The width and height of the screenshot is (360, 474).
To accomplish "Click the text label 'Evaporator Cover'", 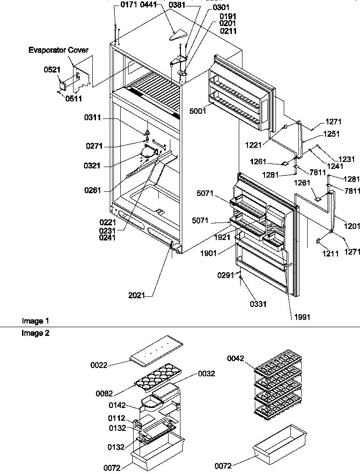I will pyautogui.click(x=58, y=50).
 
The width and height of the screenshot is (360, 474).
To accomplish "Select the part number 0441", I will pyautogui.click(x=149, y=5).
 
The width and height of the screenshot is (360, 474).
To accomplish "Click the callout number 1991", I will pyautogui.click(x=300, y=317).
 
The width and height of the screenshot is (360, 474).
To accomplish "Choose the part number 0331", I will pyautogui.click(x=258, y=304).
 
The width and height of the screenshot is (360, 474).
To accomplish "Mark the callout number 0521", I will pyautogui.click(x=52, y=70).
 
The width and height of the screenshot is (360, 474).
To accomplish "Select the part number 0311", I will pyautogui.click(x=93, y=118).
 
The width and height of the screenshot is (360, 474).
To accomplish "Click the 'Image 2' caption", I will pyautogui.click(x=35, y=334).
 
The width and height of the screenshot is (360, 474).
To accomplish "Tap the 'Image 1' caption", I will pyautogui.click(x=35, y=321).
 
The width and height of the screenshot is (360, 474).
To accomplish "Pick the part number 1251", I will pyautogui.click(x=331, y=134).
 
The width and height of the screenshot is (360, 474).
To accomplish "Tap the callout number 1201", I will pyautogui.click(x=352, y=226).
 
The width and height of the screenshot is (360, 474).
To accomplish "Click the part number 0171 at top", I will pyautogui.click(x=129, y=5).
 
